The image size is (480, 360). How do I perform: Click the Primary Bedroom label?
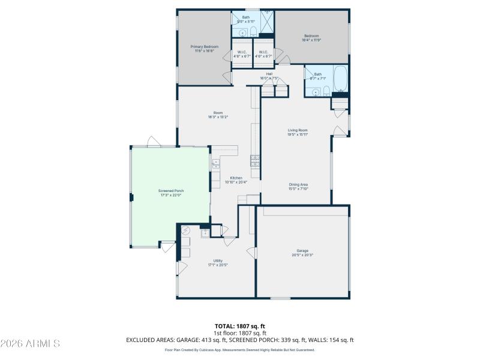click(204, 49)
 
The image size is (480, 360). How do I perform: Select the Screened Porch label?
click(172, 193)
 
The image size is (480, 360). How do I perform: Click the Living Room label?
click(298, 132)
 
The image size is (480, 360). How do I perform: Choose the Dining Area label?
click(298, 186)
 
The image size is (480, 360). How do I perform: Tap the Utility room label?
click(218, 263)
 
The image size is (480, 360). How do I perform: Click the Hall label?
click(269, 75)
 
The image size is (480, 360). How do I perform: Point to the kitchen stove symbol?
click(254, 160)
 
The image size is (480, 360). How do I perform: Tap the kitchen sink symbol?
click(215, 163)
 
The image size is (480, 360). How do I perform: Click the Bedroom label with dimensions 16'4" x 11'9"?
click(311, 38)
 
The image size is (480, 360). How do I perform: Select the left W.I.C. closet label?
click(242, 54)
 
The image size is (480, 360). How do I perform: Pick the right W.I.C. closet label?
click(264, 54)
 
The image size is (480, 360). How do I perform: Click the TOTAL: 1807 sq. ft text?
click(240, 326)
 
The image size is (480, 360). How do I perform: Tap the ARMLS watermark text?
click(30, 344)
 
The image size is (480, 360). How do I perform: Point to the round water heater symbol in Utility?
click(185, 230)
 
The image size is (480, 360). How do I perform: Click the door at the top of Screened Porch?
click(154, 142)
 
